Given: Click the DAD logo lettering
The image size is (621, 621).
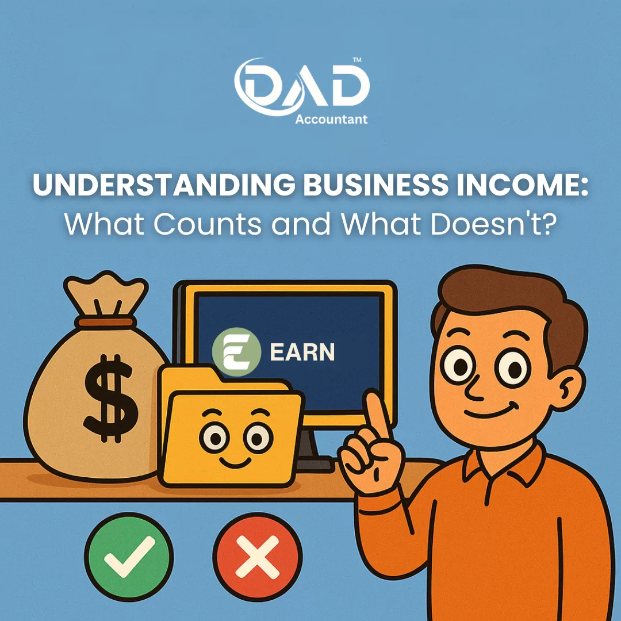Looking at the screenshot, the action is (302, 87).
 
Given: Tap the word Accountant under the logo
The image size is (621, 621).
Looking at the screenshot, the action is (332, 119).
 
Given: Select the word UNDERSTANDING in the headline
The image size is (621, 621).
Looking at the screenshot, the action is (164, 185).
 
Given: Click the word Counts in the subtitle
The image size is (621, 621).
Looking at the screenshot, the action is (208, 224).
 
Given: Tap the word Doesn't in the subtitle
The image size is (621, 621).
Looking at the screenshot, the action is (493, 224).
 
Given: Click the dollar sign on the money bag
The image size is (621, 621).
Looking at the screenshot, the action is (109, 398).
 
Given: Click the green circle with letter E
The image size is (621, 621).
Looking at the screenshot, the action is (236, 352).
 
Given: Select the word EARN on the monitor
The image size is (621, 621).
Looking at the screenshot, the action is (302, 352).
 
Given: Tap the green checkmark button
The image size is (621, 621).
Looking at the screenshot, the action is (129, 557).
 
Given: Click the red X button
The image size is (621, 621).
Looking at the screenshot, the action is (258, 557).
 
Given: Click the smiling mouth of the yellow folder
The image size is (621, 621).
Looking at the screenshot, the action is (235, 462).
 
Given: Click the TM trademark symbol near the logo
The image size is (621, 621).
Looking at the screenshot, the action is (357, 60).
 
